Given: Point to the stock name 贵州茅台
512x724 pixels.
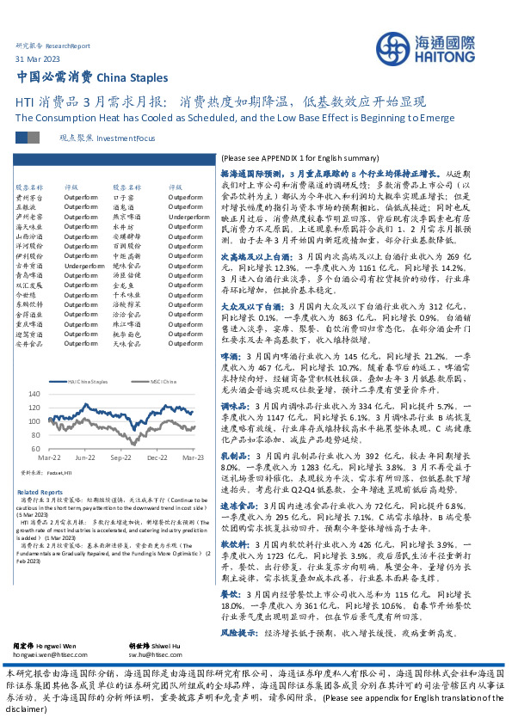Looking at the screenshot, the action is (29, 196).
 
